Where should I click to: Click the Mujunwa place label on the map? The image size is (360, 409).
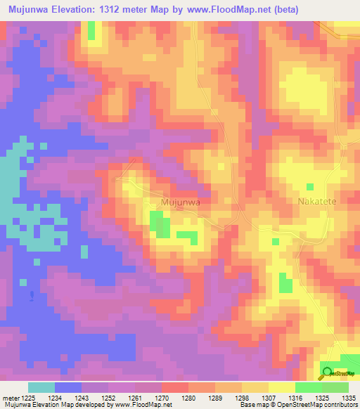pos(181,202)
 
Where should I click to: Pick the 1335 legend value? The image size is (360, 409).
pos(349,397)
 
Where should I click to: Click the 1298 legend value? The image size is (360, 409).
pos(229,397)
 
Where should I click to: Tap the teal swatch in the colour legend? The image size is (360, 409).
pos(41,387)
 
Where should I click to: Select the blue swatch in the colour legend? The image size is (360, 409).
pos(68,387)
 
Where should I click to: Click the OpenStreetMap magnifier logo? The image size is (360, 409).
pos(328,373)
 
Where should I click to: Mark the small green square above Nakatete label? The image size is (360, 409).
pos(310,187)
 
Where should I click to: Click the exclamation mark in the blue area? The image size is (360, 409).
pos(31,297)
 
